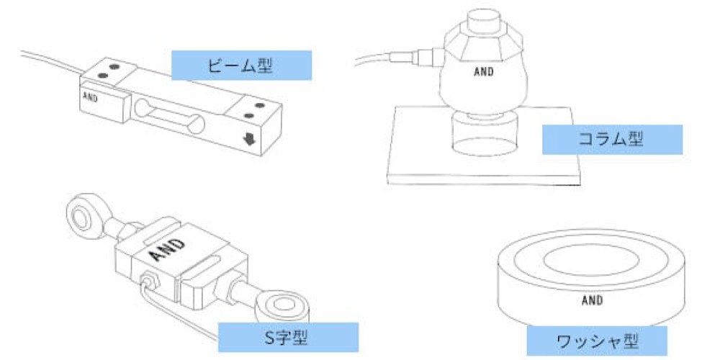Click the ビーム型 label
coord(241,66)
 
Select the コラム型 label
coord(611,140)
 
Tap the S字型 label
coord(287,336)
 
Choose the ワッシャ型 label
coord(597,339)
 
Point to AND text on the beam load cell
coord(91,96)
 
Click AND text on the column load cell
coord(484,72)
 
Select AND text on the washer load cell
coord(592,301)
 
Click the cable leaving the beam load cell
coord(50,60)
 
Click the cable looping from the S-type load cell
coord(180,317)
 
